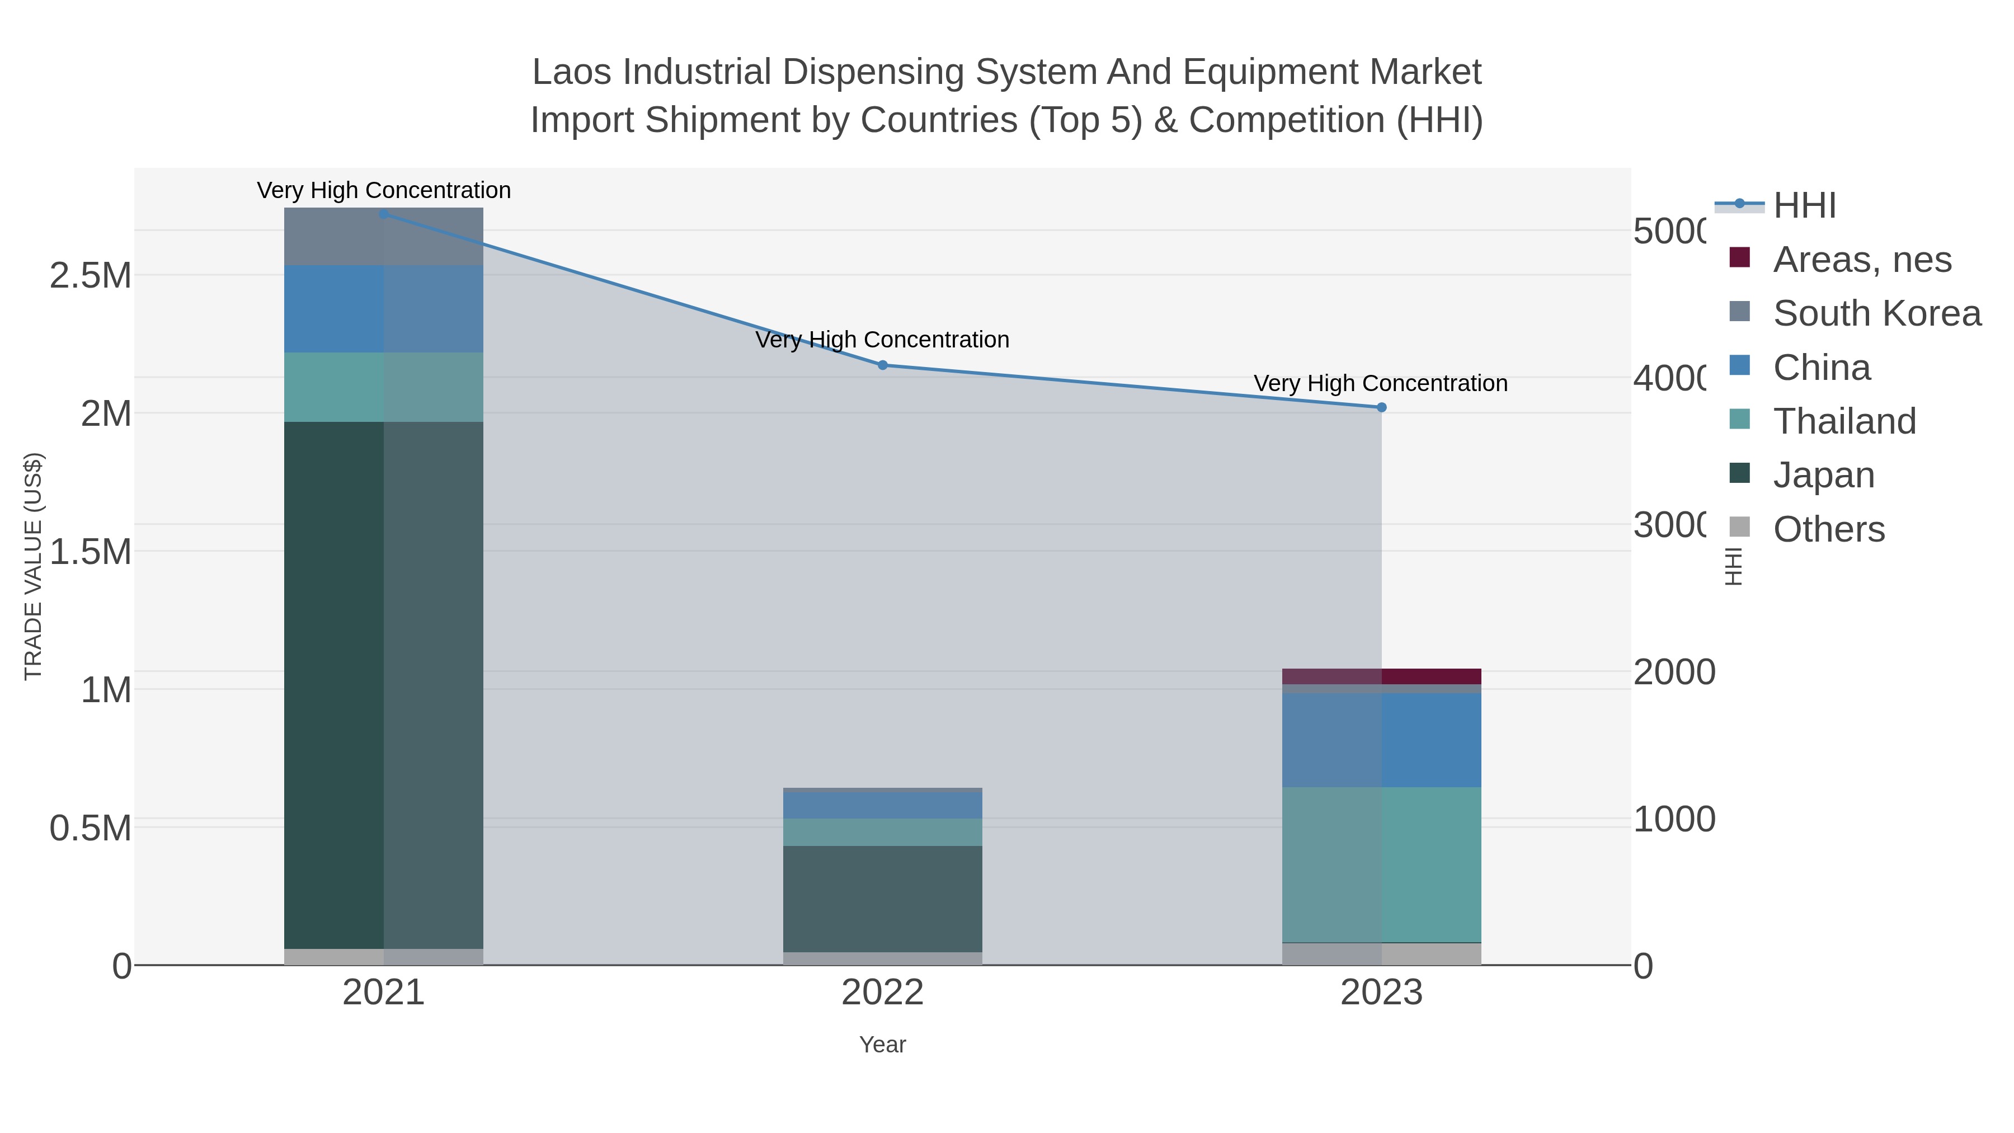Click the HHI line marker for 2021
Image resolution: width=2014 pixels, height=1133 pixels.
[x=383, y=214]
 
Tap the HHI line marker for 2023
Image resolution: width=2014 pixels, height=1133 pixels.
[x=1381, y=407]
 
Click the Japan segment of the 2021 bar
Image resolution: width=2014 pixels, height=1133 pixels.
[x=383, y=684]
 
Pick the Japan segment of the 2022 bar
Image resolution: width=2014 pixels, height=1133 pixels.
[x=883, y=899]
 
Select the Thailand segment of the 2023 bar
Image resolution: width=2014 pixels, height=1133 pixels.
[x=1381, y=864]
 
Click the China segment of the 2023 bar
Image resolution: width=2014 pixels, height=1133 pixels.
[x=1381, y=740]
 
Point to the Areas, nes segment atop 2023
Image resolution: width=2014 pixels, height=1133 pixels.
[x=1381, y=676]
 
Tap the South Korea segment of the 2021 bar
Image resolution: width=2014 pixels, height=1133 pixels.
[x=383, y=236]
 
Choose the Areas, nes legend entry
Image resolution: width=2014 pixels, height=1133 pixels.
[x=1861, y=260]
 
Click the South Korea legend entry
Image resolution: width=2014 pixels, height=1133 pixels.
[x=1876, y=313]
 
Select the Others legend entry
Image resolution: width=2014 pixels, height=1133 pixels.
[x=1828, y=529]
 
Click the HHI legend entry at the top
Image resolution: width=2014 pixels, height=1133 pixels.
[x=1804, y=206]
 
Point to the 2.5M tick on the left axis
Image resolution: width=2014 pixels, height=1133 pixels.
[x=91, y=276]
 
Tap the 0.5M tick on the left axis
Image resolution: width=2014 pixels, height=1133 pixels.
[x=91, y=828]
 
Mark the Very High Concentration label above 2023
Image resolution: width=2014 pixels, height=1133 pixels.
[x=1381, y=384]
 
